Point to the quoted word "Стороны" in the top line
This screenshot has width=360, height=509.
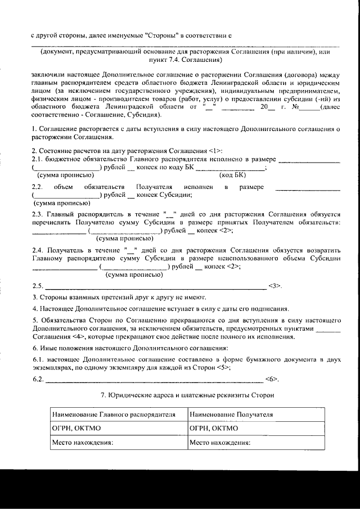pyautogui.click(x=161, y=34)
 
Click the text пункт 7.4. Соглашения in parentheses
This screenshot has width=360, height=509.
pyautogui.click(x=186, y=58)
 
